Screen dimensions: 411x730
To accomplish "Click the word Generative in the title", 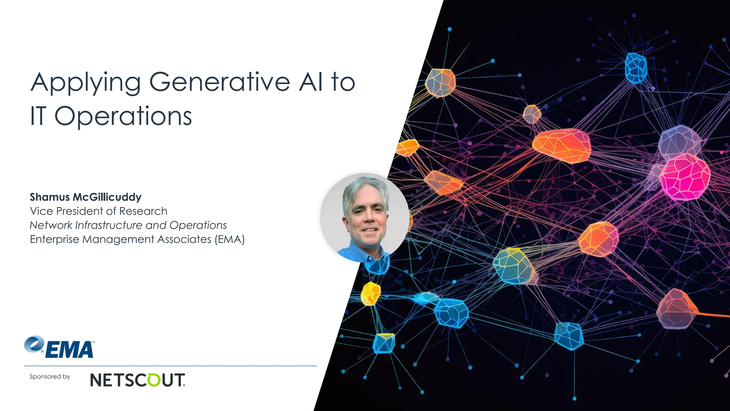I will [219, 82].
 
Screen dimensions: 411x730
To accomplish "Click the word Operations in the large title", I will [123, 116].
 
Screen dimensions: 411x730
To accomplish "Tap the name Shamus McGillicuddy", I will [86, 197].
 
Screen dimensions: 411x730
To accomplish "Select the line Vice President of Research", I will [98, 211].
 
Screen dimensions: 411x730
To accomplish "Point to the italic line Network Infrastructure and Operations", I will [128, 225].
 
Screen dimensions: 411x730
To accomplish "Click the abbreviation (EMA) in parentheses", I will [230, 239].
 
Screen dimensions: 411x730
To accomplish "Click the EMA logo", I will [60, 347].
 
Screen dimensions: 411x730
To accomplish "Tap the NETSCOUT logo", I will [138, 380].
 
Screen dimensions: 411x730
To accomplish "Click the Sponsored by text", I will [50, 376].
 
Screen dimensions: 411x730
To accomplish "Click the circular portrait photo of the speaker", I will [365, 218].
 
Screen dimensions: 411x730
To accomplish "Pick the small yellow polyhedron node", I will [370, 293].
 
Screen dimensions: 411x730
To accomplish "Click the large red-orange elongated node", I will [561, 145].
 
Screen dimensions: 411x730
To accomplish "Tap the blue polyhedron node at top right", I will [636, 68].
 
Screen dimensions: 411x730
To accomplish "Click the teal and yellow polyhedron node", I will [514, 266].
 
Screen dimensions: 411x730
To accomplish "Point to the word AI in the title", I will [311, 82].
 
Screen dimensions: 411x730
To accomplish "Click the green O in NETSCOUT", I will [154, 380].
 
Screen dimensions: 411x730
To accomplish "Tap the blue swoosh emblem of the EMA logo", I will [34, 344].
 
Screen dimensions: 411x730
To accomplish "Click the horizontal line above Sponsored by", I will [170, 366].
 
